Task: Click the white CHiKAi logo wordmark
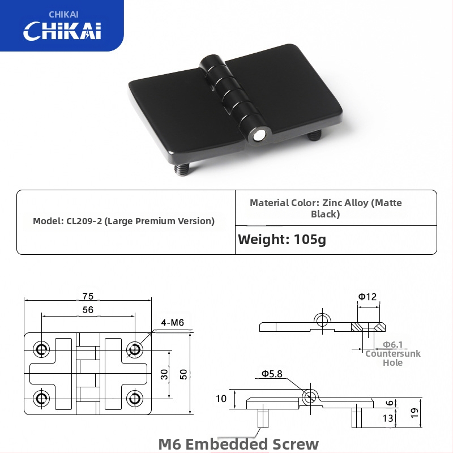(62, 31)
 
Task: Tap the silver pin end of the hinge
(259, 136)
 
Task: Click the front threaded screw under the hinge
(182, 169)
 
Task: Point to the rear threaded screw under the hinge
(314, 135)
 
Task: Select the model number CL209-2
(84, 221)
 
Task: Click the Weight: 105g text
(282, 240)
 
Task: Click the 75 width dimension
(88, 296)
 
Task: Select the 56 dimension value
(88, 310)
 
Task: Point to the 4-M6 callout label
(173, 322)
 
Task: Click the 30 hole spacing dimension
(164, 374)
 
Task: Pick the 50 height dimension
(183, 374)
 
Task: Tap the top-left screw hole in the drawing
(41, 349)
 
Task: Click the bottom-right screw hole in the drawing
(134, 399)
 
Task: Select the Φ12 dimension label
(367, 297)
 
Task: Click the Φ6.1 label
(392, 344)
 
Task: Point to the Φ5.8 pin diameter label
(272, 374)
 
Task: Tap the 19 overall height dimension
(414, 413)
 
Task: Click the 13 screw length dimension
(388, 418)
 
